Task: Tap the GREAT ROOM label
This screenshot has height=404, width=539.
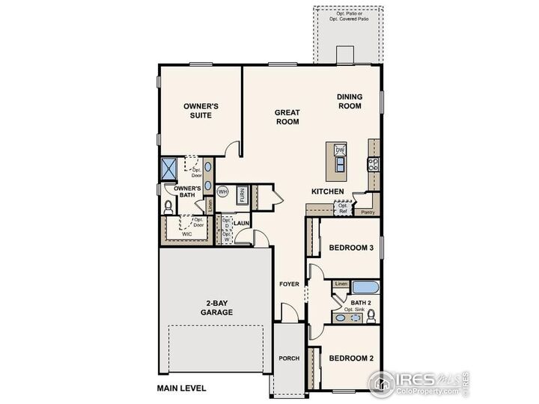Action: (287, 117)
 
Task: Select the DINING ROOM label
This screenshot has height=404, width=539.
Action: (349, 101)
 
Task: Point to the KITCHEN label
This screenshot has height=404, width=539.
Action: (328, 192)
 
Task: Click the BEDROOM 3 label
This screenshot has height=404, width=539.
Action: (351, 248)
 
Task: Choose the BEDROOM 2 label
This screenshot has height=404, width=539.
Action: (351, 358)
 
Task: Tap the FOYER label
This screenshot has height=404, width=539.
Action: (290, 284)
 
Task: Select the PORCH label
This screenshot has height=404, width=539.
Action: (289, 358)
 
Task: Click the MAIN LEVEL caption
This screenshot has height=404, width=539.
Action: (181, 388)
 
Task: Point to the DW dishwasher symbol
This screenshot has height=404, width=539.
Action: (340, 150)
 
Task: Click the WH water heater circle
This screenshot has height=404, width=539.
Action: (222, 192)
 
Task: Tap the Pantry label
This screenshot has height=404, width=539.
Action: (368, 212)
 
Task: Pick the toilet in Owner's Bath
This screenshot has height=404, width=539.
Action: (168, 206)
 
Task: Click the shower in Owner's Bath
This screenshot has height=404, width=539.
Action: (168, 168)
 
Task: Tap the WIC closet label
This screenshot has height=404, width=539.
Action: (188, 234)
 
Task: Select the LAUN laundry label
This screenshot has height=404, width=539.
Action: (241, 223)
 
